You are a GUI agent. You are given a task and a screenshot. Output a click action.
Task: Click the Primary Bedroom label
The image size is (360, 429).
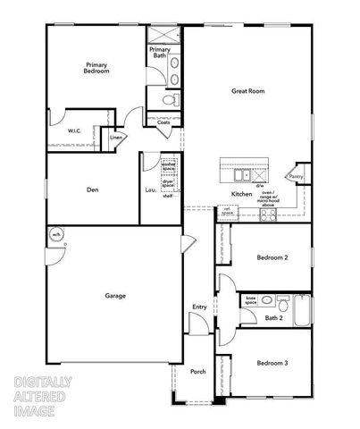click(x=97, y=67)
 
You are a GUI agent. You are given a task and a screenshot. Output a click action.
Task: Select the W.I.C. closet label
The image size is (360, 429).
click(x=75, y=132)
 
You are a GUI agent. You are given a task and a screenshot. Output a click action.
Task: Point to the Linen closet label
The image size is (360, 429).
click(x=116, y=138)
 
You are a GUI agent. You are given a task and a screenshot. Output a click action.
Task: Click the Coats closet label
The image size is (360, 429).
click(x=163, y=122)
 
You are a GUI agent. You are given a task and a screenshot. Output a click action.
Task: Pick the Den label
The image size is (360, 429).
click(x=92, y=189)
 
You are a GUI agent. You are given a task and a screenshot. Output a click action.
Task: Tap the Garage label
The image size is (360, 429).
click(x=114, y=295)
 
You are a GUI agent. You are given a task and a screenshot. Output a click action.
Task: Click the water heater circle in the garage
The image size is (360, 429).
click(x=55, y=235)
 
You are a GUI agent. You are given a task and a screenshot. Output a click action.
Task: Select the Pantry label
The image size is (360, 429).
click(x=296, y=177)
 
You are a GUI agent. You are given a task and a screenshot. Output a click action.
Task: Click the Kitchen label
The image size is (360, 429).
click(x=242, y=194)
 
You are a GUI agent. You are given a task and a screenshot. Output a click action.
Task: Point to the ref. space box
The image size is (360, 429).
click(x=228, y=212)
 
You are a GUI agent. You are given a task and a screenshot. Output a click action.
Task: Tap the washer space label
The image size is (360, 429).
click(x=168, y=166)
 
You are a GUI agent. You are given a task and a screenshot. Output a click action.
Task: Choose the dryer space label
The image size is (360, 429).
click(x=168, y=182)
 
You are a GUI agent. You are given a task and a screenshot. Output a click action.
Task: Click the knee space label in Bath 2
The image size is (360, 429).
click(x=251, y=301)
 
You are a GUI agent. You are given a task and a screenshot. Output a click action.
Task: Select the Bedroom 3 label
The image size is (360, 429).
click(x=272, y=363)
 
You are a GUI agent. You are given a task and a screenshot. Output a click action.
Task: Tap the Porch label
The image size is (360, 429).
click(x=197, y=372)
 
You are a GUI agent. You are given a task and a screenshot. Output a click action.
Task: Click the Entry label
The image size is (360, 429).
click(x=199, y=308)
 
